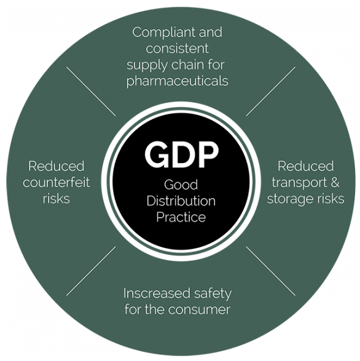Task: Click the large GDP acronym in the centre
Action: tap(181, 155)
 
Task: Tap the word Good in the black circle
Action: tap(181, 184)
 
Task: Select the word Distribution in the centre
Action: tap(181, 200)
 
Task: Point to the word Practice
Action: tap(181, 217)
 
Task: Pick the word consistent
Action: tap(178, 49)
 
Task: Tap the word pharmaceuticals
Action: tap(178, 82)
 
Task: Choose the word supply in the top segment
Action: tap(147, 65)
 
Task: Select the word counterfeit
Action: tap(57, 182)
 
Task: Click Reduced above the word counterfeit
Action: tap(57, 166)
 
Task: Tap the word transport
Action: tap(298, 183)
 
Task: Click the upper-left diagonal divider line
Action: tap(91, 92)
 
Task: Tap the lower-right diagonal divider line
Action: tap(271, 271)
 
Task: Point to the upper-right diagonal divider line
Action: tap(271, 92)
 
